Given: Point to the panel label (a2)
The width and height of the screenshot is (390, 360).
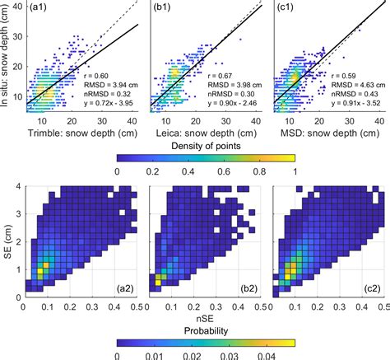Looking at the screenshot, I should [x=123, y=287].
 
